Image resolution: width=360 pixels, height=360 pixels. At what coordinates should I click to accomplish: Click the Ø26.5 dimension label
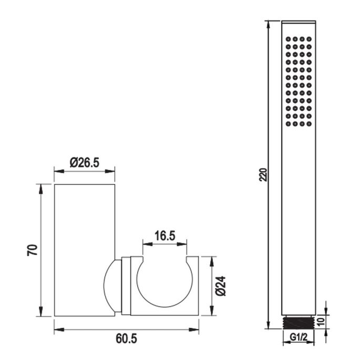[x=85, y=163]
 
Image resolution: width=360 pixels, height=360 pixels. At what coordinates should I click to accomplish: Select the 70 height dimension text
[x=32, y=250]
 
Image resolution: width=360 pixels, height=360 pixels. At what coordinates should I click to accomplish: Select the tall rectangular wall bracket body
[x=85, y=250]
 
